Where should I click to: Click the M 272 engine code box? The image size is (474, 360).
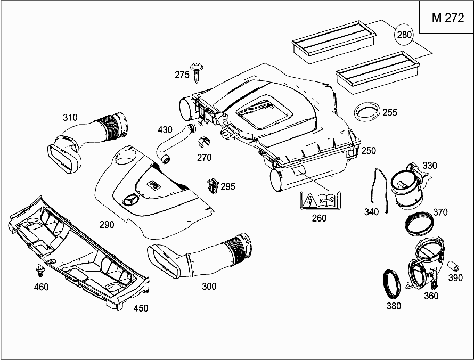(x=447, y=18)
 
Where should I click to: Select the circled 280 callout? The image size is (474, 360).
(x=405, y=36)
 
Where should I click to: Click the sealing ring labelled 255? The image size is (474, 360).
(x=367, y=113)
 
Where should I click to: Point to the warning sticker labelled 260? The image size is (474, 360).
(x=320, y=201)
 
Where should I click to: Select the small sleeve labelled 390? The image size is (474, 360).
(x=454, y=265)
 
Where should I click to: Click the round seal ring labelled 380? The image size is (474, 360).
(x=392, y=284)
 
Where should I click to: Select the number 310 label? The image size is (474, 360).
(x=70, y=117)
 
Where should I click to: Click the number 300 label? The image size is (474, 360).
(x=209, y=287)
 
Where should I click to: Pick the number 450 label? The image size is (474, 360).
(x=141, y=308)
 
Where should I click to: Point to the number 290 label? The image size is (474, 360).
(x=107, y=224)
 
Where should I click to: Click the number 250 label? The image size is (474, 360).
(x=369, y=151)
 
